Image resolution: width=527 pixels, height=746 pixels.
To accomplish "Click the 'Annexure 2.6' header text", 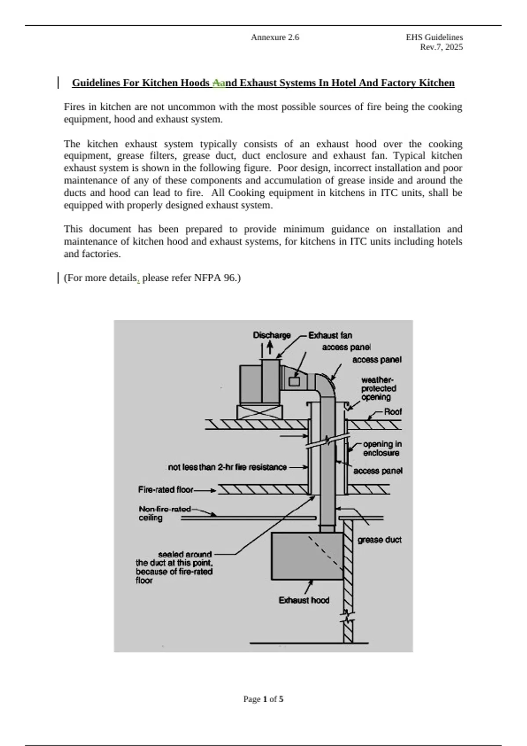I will click(x=275, y=38).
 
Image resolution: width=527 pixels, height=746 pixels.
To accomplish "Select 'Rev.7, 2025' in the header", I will click(x=441, y=47).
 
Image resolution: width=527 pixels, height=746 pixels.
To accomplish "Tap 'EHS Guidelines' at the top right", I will click(x=434, y=38).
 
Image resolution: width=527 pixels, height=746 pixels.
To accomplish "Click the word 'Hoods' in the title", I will click(x=195, y=83).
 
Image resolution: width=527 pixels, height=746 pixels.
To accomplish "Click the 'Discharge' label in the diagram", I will click(x=271, y=335).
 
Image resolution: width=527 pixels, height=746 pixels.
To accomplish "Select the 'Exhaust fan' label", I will click(x=330, y=336).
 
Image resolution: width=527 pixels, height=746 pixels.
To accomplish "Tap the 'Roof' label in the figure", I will click(x=393, y=412).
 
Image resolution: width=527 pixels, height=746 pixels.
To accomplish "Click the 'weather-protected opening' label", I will click(x=378, y=388).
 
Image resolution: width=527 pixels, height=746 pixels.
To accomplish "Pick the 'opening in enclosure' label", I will click(x=382, y=448).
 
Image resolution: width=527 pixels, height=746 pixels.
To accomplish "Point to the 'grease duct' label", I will click(x=379, y=540).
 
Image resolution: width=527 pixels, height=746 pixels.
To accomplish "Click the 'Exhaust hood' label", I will click(x=304, y=600).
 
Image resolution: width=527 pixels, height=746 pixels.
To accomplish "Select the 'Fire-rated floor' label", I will click(x=166, y=490).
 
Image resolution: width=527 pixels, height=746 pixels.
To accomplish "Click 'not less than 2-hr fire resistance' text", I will click(x=227, y=467).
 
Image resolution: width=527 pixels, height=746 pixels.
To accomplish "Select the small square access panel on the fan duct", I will click(x=294, y=381).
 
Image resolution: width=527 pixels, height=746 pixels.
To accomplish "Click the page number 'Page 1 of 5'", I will click(x=263, y=699).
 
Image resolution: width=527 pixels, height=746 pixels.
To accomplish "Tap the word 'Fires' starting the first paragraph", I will click(x=75, y=107).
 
